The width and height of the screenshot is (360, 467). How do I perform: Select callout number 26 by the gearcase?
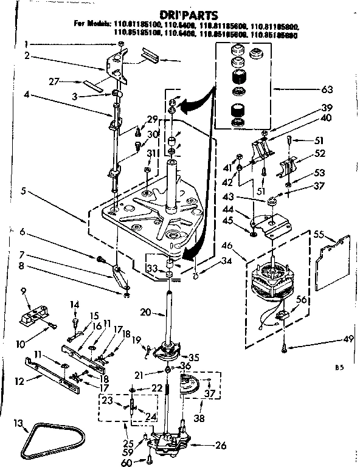(x=219, y=445)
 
